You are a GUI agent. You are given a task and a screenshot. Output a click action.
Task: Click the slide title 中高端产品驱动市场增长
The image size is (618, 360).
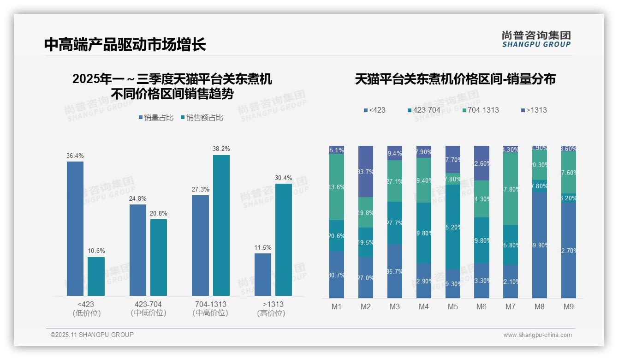coord(125,44)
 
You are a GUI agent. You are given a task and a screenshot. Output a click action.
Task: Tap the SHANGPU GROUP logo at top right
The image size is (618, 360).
coord(536,39)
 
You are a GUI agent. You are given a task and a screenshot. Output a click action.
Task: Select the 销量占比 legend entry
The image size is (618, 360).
coord(156,118)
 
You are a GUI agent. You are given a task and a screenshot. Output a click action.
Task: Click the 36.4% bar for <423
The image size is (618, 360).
coord(75,228)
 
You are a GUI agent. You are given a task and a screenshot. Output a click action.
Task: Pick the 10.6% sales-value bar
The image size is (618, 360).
coord(96,276)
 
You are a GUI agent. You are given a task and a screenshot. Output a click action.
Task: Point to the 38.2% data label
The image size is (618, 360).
coord(221,149)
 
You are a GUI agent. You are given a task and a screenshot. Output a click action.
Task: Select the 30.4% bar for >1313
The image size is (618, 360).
coord(284,240)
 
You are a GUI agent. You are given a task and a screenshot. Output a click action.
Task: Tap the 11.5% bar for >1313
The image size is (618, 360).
coord(263,274)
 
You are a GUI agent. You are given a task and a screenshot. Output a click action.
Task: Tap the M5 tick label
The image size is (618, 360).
coord(452,306)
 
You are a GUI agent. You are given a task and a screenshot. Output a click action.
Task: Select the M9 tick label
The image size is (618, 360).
coord(569,306)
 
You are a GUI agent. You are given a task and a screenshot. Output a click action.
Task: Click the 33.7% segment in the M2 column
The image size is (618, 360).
coord(365,172)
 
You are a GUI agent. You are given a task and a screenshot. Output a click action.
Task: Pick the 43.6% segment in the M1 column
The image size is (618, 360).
coord(337,187)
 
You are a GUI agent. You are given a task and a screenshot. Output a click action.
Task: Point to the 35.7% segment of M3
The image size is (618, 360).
coord(394,271)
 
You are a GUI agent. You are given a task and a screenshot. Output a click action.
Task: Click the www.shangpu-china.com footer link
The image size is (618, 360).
coord(537,335)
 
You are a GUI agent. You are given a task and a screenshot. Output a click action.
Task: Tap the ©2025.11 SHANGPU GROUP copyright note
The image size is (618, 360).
coord(92,335)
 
